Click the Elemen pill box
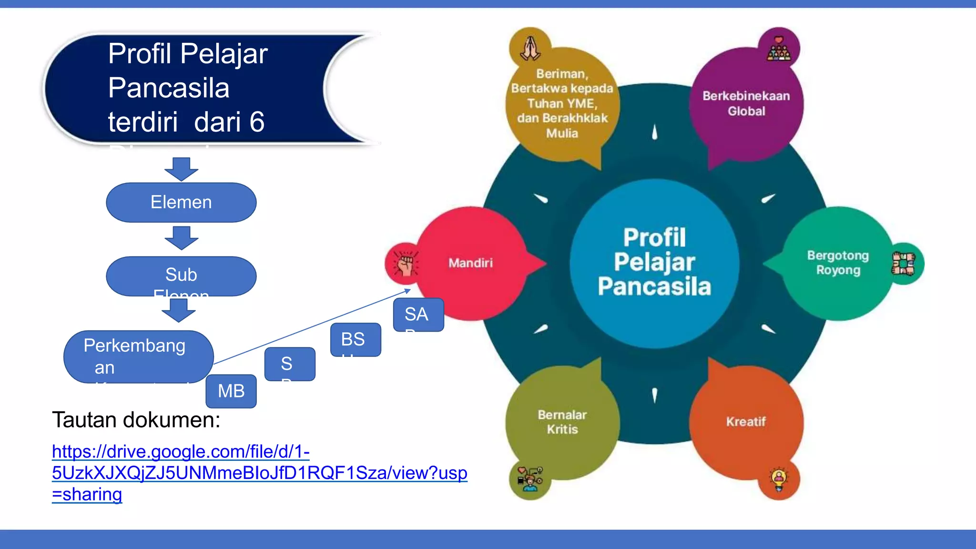coord(181,203)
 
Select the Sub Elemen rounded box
coord(181,276)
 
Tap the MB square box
coord(231,391)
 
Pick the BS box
coord(356,340)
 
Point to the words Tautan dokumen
coord(136,420)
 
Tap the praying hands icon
coord(530,48)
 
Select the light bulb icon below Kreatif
coord(779,479)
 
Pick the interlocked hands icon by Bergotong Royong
coord(903,264)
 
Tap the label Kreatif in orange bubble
coord(746,422)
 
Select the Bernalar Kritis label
coord(562,422)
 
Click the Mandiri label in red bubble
coord(470,263)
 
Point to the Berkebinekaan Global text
coord(746,103)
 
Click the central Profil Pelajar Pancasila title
coord(654,263)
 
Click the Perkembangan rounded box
coord(138,356)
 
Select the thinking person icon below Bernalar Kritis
coord(530,479)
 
